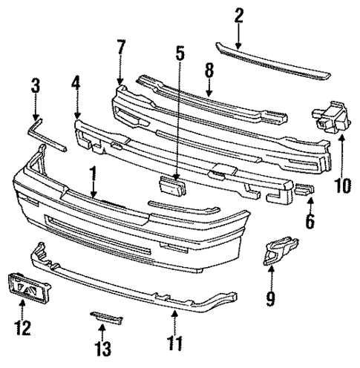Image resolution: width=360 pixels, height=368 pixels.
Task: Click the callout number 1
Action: (93, 175)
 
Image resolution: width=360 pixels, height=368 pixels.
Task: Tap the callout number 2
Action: (239, 16)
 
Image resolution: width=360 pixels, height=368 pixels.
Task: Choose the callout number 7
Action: (120, 50)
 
